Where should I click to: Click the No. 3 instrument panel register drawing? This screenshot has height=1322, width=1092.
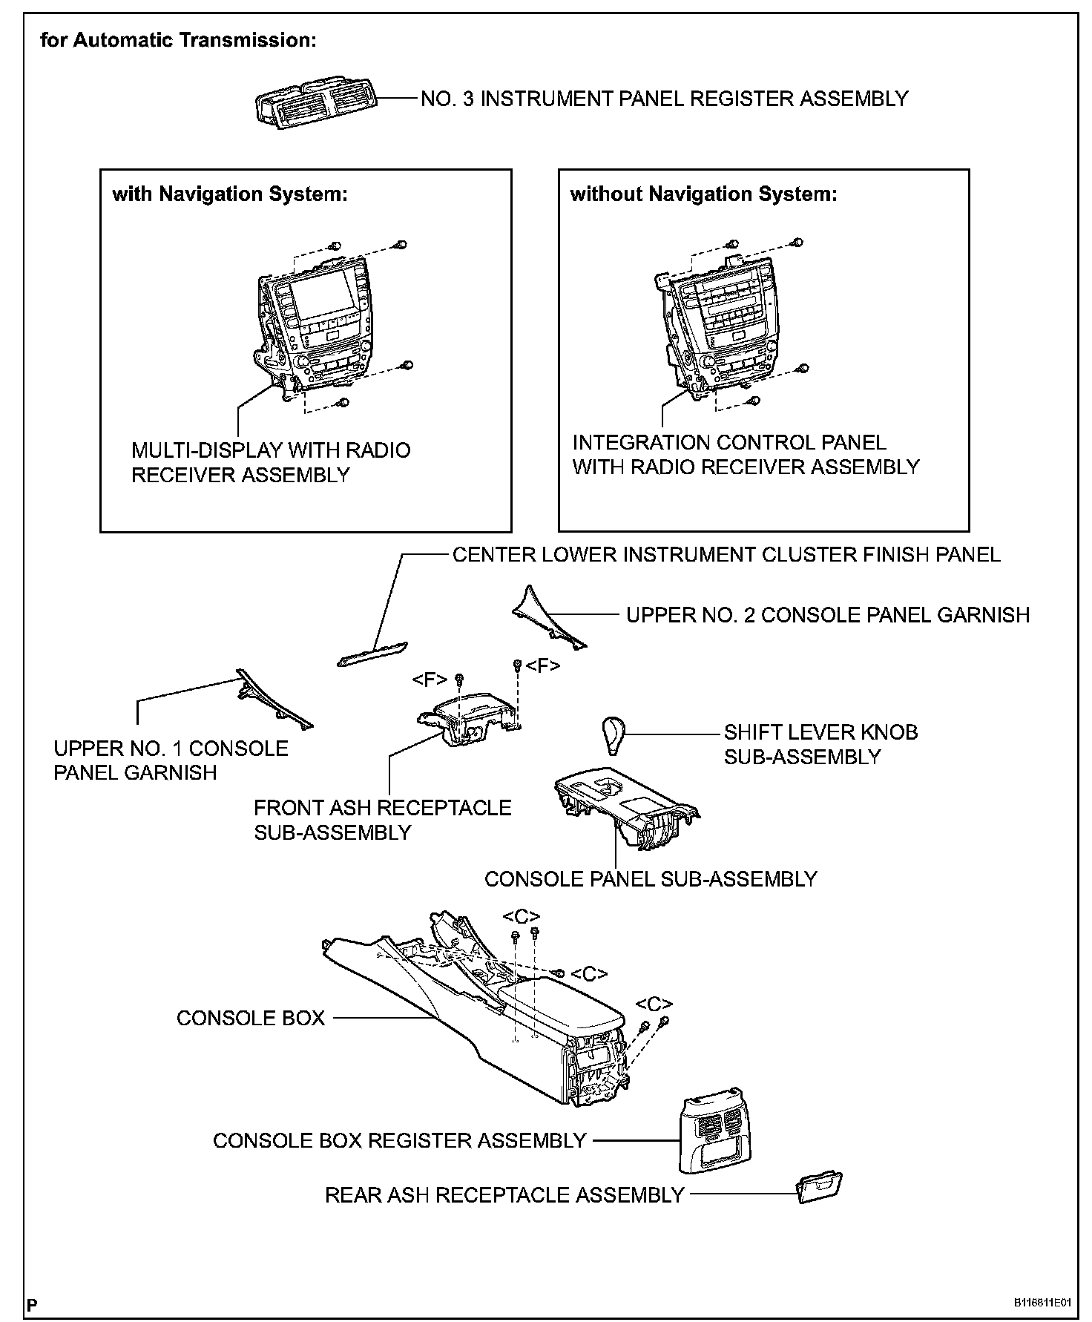coord(316,102)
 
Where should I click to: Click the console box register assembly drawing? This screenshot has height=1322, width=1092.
coord(711,1131)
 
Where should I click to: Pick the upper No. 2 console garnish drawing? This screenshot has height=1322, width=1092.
coord(550,617)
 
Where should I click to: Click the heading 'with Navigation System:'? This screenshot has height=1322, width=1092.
coord(230,194)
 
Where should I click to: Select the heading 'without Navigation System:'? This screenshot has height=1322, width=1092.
coord(703,194)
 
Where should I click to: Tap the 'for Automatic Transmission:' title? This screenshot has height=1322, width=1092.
coord(178,40)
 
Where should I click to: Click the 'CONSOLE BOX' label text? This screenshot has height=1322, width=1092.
coord(251,1017)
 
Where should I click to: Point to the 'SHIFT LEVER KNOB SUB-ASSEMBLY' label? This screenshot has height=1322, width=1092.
coord(821,744)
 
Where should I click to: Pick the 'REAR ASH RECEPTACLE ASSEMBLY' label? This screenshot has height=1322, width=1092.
coord(504,1194)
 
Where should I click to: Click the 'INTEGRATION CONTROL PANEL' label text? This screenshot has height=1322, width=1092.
coord(729,442)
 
